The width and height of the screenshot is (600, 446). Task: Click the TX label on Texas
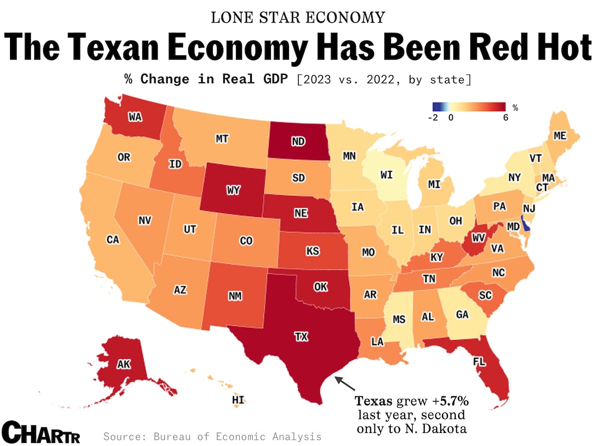point(301,337)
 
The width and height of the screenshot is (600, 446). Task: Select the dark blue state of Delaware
point(525,223)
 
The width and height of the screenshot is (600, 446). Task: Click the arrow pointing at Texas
point(346,383)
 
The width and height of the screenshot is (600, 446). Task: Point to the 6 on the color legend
point(505,118)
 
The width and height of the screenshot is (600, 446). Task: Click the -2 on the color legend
point(434,118)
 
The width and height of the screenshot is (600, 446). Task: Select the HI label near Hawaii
point(238,400)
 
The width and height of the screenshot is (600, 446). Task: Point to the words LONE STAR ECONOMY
point(298,18)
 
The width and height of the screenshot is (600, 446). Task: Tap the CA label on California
point(113,240)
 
